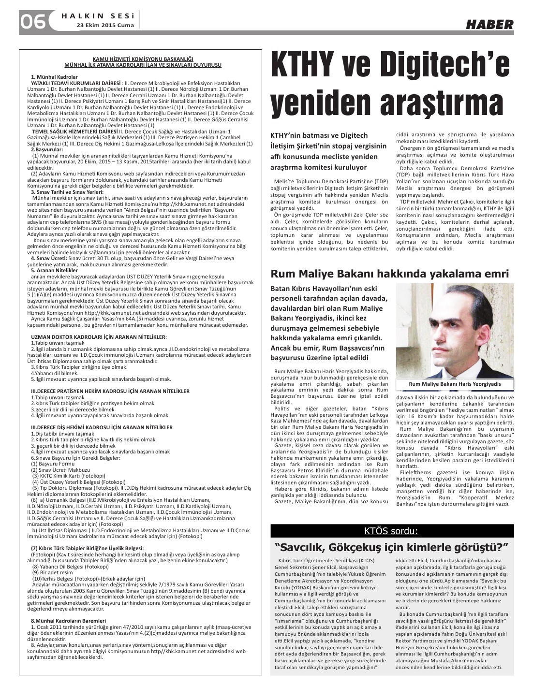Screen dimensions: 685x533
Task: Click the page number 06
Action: point(32,21)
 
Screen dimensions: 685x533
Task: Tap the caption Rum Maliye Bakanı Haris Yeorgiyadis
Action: point(454,384)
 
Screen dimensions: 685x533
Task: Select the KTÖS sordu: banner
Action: point(392,531)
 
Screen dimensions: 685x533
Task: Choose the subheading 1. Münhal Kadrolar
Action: point(54,77)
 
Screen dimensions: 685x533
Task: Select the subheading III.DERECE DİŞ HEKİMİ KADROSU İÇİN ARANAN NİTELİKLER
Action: point(102,427)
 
